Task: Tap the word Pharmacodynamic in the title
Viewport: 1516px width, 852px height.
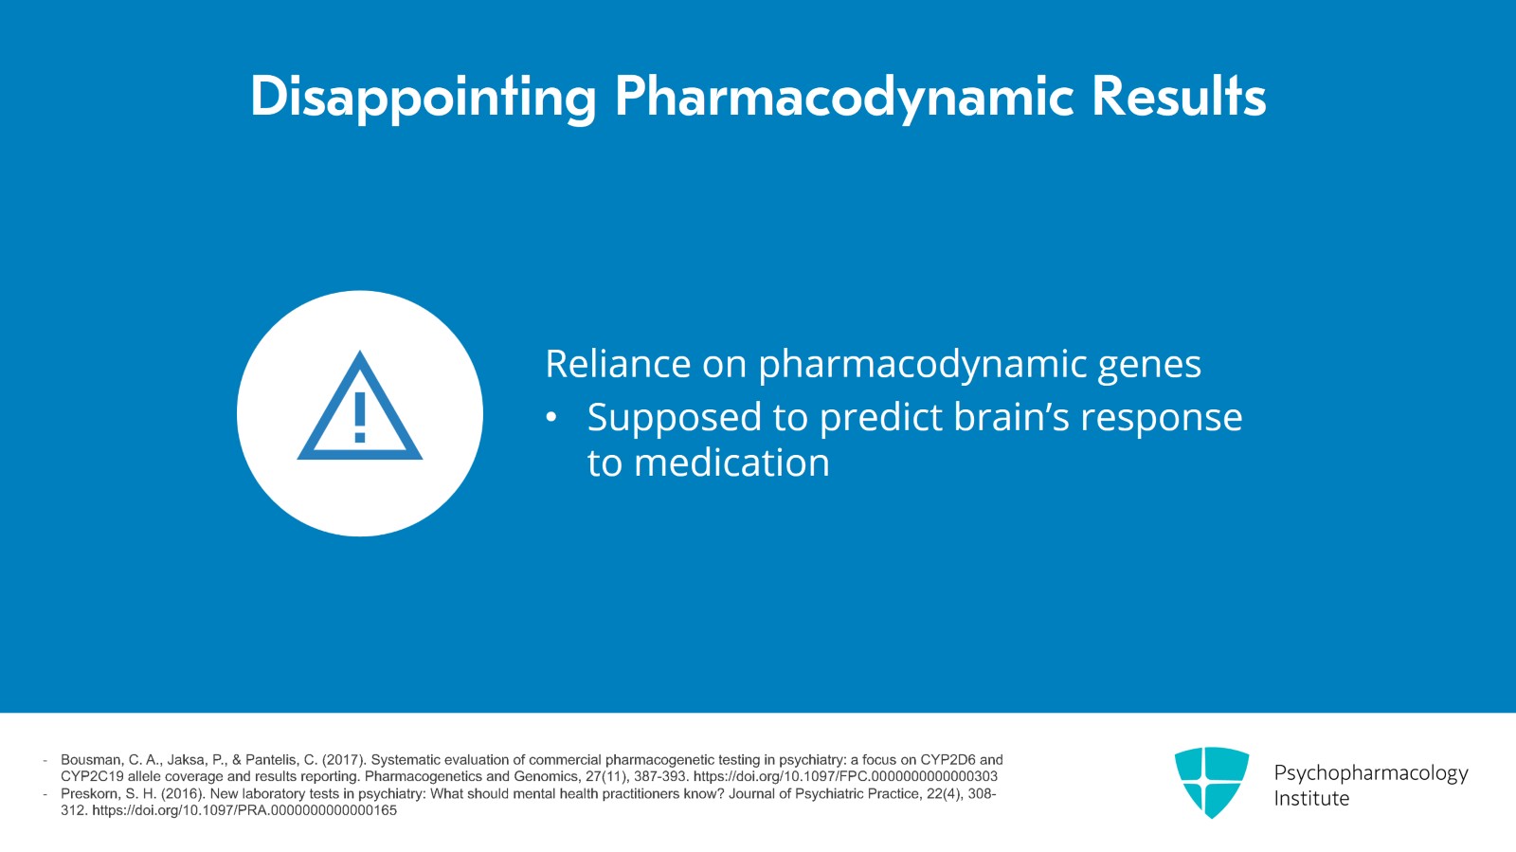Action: (844, 98)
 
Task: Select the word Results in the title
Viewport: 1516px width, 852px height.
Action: (1178, 96)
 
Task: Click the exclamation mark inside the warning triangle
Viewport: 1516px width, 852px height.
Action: (359, 418)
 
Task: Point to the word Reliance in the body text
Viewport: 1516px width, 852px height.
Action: (617, 364)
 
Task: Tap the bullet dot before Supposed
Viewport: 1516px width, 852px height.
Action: (551, 418)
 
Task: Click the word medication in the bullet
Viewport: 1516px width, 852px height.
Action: (731, 463)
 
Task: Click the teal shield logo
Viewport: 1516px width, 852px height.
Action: (1211, 782)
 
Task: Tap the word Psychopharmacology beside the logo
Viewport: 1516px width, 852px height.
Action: (1370, 772)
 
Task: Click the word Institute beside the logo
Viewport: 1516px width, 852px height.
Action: (1310, 798)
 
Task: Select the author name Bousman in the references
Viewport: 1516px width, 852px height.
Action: (91, 760)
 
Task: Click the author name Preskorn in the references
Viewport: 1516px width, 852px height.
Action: (90, 794)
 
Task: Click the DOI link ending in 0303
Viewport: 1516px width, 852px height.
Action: (845, 776)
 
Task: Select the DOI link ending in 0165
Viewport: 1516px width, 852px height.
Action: (244, 811)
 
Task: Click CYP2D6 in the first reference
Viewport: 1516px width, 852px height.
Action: (947, 760)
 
